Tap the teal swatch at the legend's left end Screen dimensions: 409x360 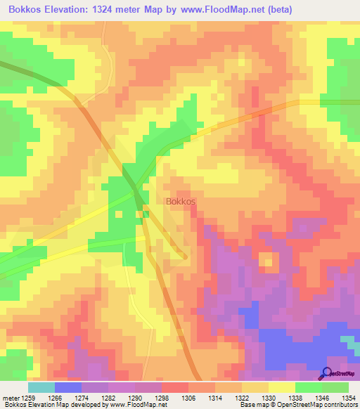[x=41, y=387]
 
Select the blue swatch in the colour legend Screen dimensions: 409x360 [x=67, y=387]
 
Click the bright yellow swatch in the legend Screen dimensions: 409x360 [x=281, y=387]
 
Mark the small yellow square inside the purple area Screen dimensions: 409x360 [x=267, y=261]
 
